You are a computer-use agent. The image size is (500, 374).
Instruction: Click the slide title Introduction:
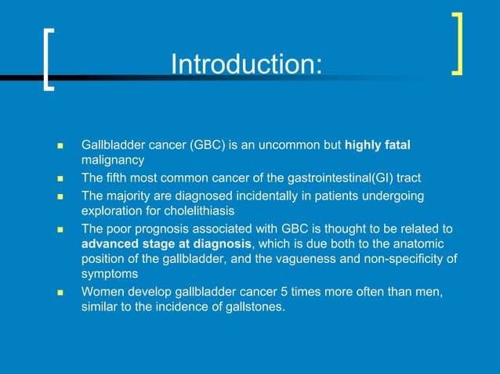point(246,64)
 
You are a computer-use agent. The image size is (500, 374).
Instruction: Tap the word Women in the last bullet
point(101,292)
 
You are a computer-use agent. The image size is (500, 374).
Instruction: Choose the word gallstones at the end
point(256,306)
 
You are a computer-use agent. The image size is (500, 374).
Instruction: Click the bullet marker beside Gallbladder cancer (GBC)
point(60,146)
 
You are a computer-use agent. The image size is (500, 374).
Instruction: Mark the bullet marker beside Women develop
point(60,293)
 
